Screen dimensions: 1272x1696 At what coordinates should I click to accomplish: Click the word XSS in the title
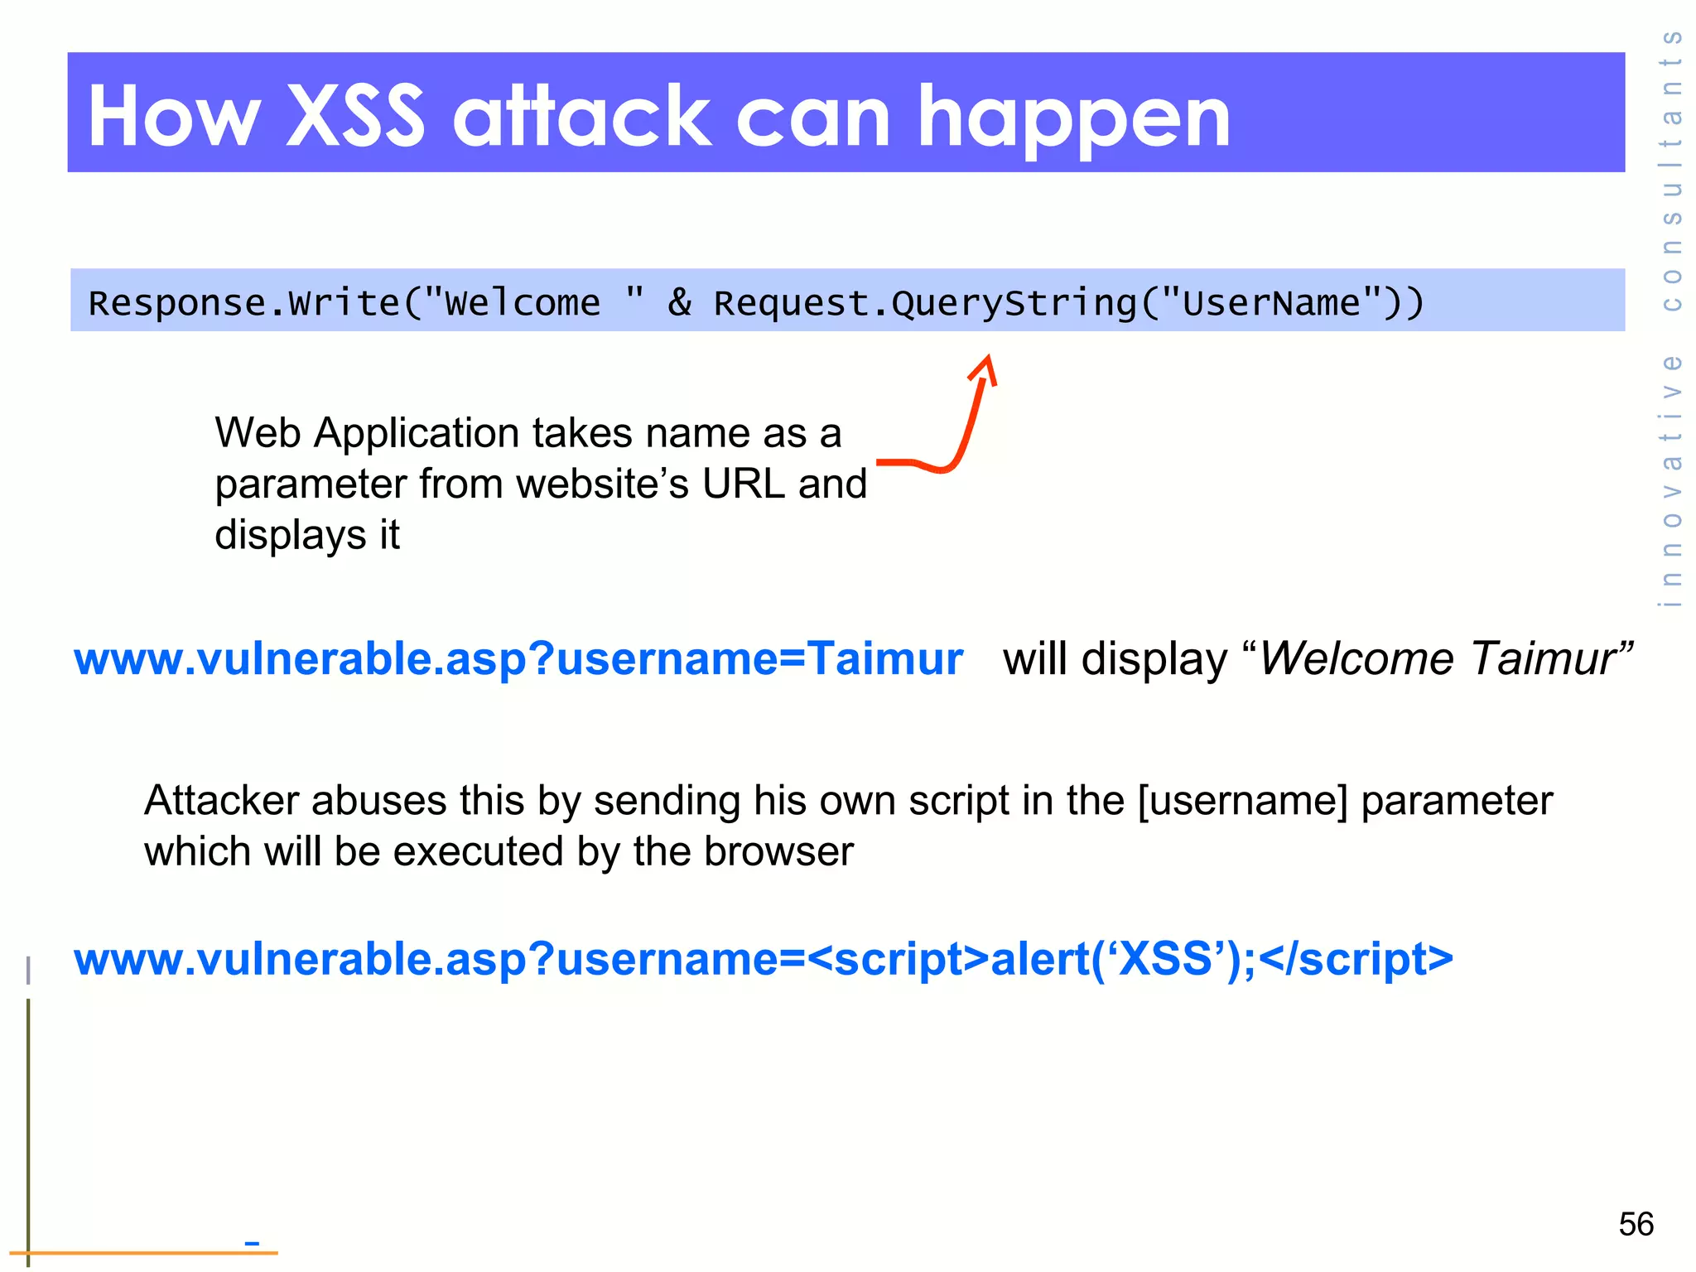[354, 116]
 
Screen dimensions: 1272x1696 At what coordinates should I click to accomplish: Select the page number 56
[1636, 1224]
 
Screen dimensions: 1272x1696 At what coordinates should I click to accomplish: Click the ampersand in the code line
[679, 302]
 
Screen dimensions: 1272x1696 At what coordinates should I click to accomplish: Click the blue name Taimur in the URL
[885, 659]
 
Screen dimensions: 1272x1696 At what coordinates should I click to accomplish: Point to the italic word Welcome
[1356, 659]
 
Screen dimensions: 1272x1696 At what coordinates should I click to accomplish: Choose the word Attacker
[221, 801]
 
